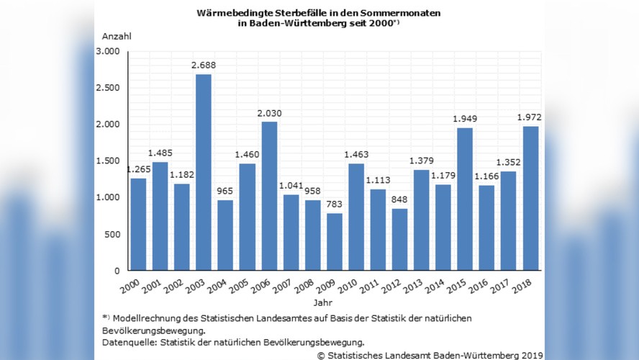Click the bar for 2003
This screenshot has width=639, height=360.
pyautogui.click(x=202, y=173)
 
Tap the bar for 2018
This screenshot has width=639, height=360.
pyautogui.click(x=530, y=199)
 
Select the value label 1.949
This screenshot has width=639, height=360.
pyautogui.click(x=465, y=118)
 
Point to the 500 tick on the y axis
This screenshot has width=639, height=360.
pyautogui.click(x=112, y=235)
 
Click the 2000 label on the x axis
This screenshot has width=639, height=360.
pyautogui.click(x=130, y=287)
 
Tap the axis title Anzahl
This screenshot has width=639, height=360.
pyautogui.click(x=117, y=36)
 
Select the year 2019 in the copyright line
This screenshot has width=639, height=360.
pyautogui.click(x=532, y=354)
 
